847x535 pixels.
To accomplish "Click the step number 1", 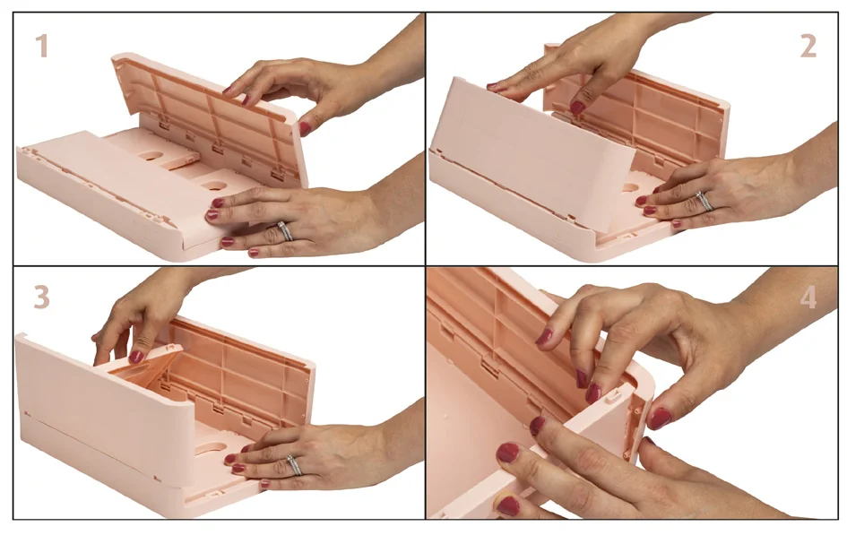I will tap(41, 46).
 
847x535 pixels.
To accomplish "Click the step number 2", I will tap(808, 46).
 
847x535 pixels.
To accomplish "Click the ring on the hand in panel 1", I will tap(286, 231).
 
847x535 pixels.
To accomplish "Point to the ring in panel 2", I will tap(704, 202).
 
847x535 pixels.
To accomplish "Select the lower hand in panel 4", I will tap(583, 475).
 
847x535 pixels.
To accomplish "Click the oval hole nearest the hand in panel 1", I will tap(216, 186).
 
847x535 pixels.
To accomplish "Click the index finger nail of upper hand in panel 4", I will tap(544, 337).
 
